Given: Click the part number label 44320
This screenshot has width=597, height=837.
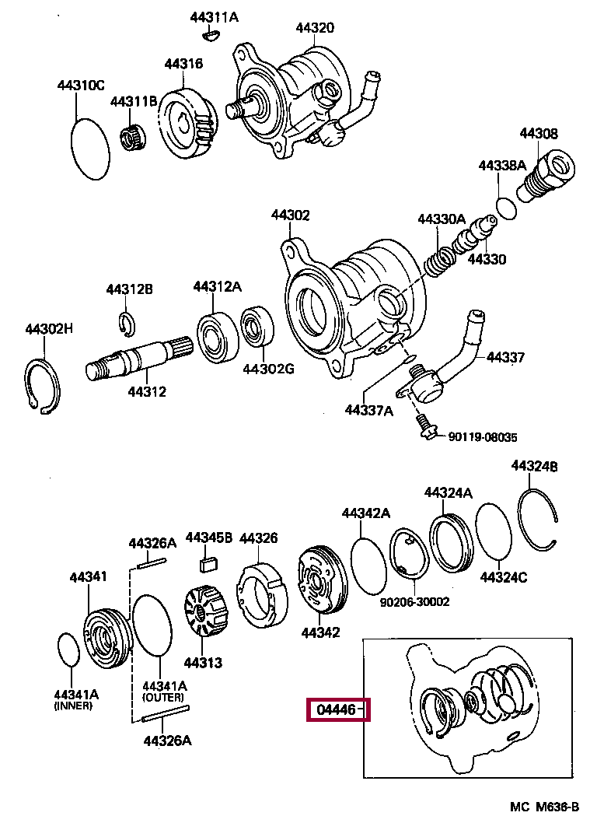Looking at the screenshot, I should tap(314, 28).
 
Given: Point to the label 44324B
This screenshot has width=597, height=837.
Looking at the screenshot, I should tap(534, 466).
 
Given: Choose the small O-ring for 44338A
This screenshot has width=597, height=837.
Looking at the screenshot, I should tap(505, 208).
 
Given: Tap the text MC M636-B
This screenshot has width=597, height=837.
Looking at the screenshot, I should tap(544, 806).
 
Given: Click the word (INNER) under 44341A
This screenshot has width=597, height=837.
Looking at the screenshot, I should tap(73, 706).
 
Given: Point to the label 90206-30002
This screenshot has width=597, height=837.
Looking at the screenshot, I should tap(415, 601).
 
